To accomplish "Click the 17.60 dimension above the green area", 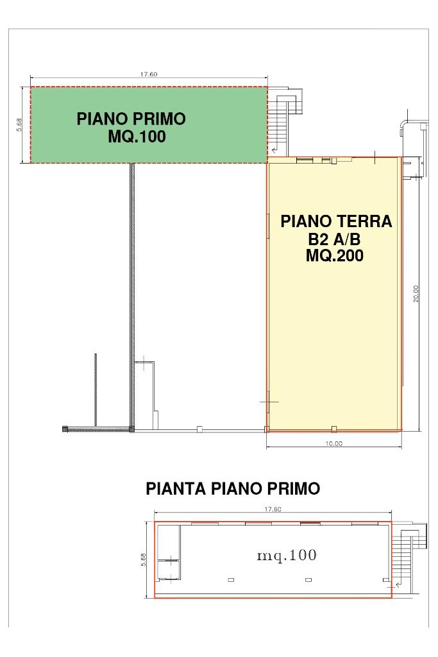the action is (149, 74).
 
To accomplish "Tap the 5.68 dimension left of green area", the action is (19, 124).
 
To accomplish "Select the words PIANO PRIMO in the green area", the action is (131, 119).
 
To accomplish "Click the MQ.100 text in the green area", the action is (137, 137).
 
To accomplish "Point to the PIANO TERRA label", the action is (336, 221).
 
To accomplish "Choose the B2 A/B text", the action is (334, 239).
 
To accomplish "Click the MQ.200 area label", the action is (335, 255).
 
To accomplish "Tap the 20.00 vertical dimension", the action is (416, 293).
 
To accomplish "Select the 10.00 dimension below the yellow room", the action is (333, 443).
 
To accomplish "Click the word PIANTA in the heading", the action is (176, 488).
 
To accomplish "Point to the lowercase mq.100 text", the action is (287, 556).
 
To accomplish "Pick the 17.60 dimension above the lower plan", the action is (272, 509).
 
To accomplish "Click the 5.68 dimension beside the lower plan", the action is (144, 559).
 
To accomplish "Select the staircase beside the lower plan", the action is (409, 553).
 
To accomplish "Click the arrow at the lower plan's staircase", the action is (398, 583).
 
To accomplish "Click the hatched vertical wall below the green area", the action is (132, 295).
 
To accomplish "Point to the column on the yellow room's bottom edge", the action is (333, 429).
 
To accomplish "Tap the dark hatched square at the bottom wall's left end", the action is (65, 429).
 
